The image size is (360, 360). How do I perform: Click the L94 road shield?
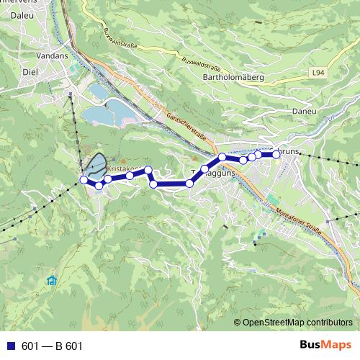pyautogui.click(x=320, y=73)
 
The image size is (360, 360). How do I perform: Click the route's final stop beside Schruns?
pyautogui.click(x=276, y=153)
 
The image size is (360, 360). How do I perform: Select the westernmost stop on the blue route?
pyautogui.click(x=84, y=180)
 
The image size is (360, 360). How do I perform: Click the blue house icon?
pyautogui.click(x=51, y=280)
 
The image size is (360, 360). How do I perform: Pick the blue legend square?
pyautogui.click(x=11, y=346)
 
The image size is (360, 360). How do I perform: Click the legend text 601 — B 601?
pyautogui.click(x=52, y=346)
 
